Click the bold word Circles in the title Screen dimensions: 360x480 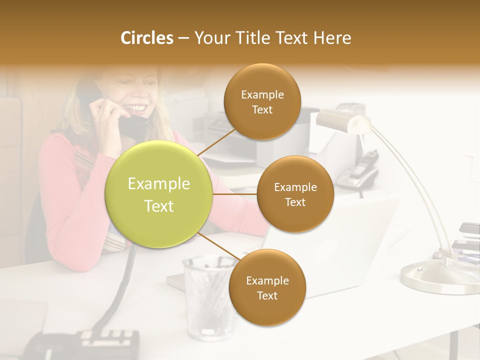(x=146, y=38)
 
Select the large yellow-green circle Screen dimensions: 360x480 (x=159, y=194)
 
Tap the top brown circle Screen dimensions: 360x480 (x=262, y=102)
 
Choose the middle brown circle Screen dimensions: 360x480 (x=295, y=194)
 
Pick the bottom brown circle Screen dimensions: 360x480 (x=267, y=287)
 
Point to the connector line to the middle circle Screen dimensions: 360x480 (x=235, y=194)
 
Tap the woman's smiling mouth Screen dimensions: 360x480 (x=137, y=108)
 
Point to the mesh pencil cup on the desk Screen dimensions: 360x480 (x=207, y=295)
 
